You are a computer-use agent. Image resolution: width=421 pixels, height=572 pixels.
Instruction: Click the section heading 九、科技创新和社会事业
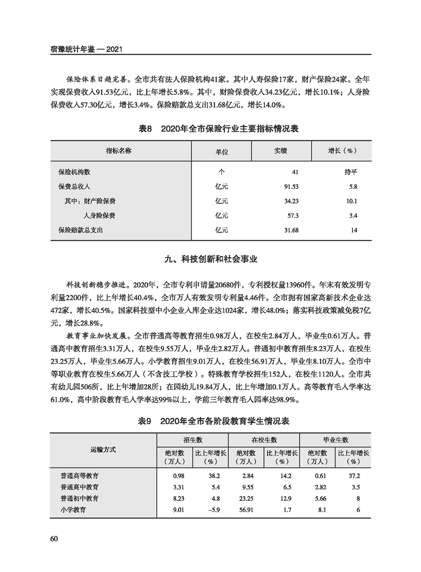(210, 259)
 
